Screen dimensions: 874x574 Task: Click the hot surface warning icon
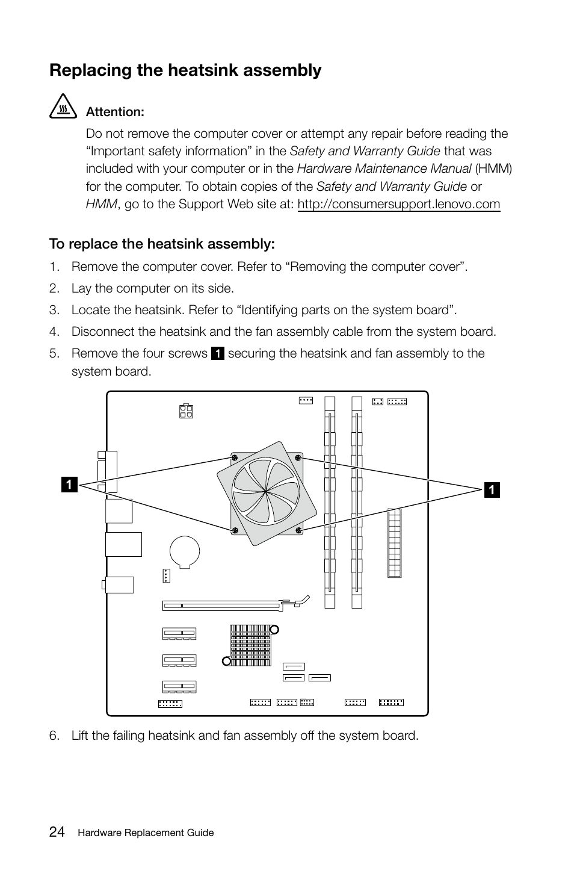tap(63, 108)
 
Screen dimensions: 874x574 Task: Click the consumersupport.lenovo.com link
tap(398, 204)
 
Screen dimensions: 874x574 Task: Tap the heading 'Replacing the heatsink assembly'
tap(185, 70)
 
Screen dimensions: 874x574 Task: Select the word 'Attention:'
tap(115, 112)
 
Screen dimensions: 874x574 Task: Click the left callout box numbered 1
tap(69, 484)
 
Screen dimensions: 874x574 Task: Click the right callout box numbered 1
tap(491, 490)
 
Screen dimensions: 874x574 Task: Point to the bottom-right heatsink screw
tap(298, 530)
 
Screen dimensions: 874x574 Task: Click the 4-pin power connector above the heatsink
tap(185, 411)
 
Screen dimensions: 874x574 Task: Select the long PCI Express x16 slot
tap(229, 605)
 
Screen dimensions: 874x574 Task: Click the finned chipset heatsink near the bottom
tap(250, 645)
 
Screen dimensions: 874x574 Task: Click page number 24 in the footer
tap(57, 832)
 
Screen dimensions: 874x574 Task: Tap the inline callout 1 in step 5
tap(217, 354)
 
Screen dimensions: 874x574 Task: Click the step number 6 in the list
tap(55, 736)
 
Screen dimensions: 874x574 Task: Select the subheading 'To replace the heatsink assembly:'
tap(162, 244)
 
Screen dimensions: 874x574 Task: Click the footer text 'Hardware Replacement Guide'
tap(146, 833)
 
